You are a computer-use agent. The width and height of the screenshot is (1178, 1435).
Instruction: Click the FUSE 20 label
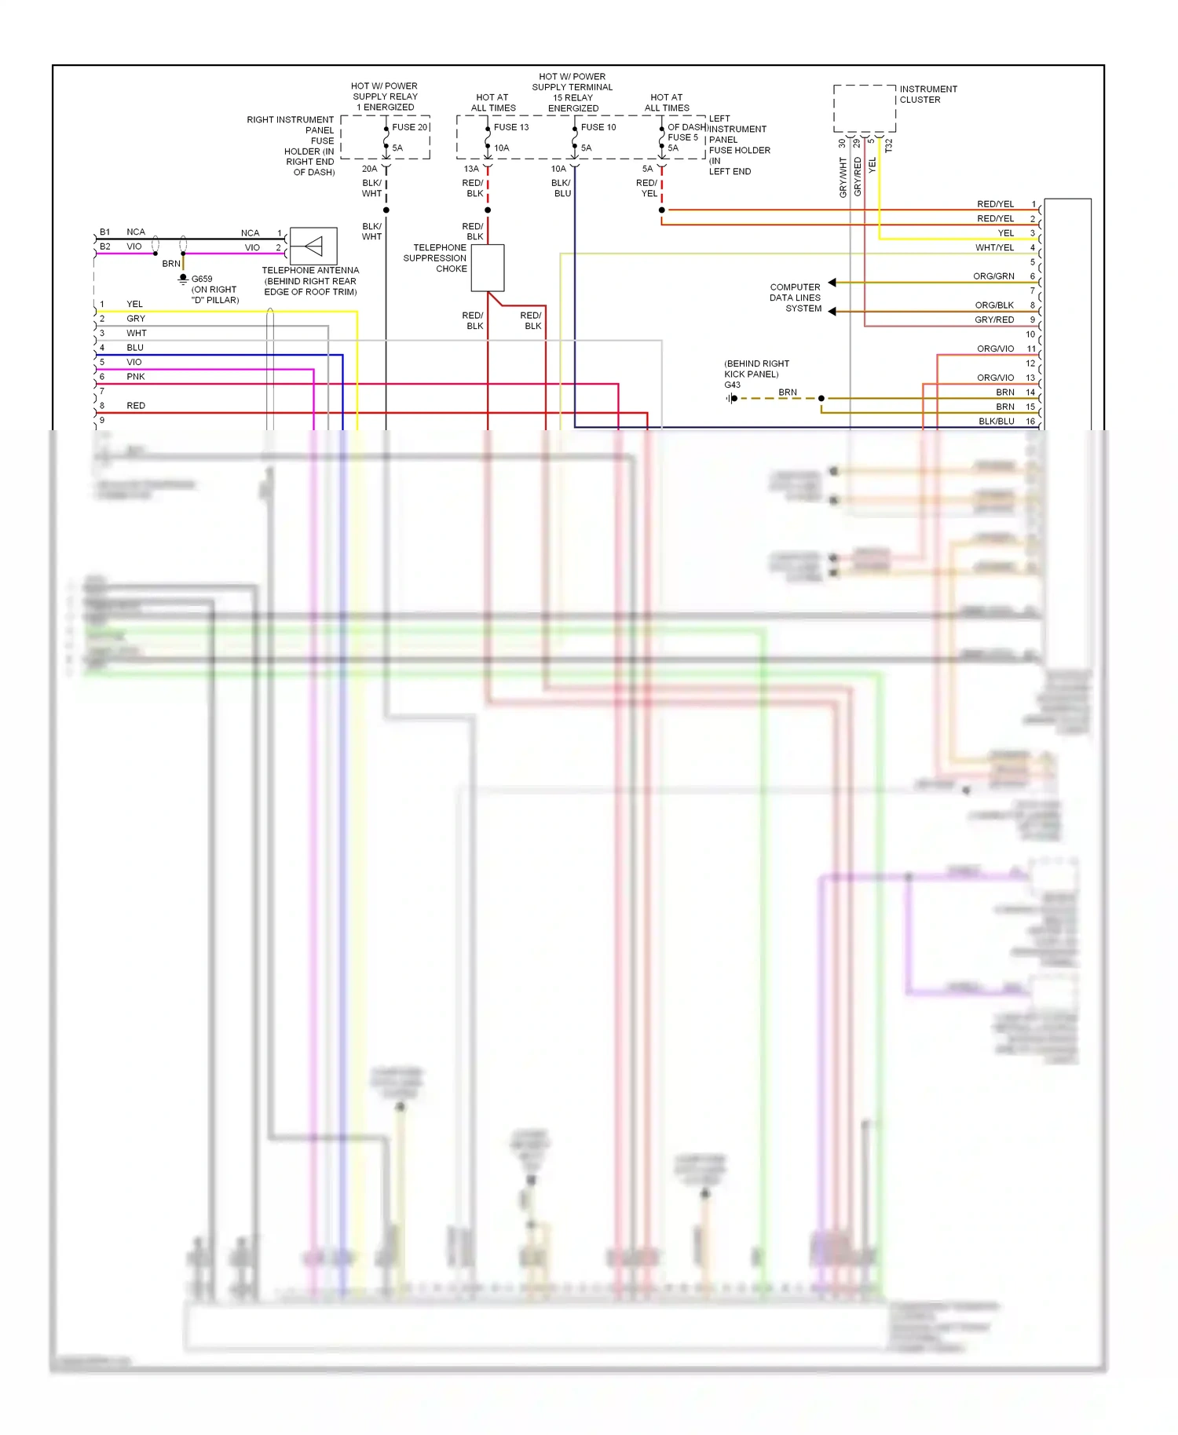pos(409,127)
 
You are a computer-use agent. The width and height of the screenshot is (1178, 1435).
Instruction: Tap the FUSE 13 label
pos(511,127)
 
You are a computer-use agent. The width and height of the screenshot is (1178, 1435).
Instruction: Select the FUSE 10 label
pos(598,127)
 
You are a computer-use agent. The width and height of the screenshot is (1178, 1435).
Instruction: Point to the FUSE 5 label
pos(682,137)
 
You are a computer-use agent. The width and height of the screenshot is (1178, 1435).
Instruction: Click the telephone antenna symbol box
pos(313,246)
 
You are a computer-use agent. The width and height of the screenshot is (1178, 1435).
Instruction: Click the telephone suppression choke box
pos(488,268)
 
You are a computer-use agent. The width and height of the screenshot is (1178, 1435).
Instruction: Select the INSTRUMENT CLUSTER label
pos(928,94)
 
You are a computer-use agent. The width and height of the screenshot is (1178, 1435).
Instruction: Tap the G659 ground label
pos(202,279)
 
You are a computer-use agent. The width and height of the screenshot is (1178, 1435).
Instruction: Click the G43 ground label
pos(732,385)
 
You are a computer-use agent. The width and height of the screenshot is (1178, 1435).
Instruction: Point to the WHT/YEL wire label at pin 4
pos(994,248)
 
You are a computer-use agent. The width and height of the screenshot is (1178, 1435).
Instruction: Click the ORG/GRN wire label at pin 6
pos(993,276)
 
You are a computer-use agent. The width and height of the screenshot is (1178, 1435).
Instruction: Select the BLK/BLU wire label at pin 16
pos(996,422)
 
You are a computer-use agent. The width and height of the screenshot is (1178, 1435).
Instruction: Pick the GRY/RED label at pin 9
pos(994,320)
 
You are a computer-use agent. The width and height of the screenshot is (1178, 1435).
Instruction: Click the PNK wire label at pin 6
pos(136,377)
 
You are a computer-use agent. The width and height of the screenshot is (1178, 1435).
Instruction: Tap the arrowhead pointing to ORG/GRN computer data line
pos(832,283)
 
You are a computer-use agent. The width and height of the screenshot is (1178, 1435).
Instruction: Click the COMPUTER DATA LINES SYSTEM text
pos(795,298)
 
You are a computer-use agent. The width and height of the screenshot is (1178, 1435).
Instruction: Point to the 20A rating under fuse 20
pos(369,169)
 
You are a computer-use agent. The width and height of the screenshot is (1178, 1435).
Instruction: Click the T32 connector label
pos(889,146)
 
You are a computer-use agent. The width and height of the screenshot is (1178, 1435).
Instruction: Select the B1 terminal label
pos(105,232)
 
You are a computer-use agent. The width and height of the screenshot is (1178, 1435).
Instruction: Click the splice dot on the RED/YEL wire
pos(662,210)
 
